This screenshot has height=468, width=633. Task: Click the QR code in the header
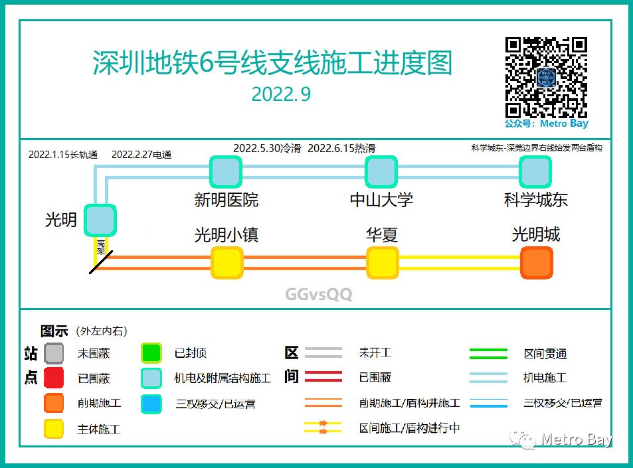pyautogui.click(x=546, y=78)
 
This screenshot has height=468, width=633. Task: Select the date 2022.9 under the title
pyautogui.click(x=281, y=95)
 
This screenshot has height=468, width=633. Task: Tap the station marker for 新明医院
pyautogui.click(x=226, y=172)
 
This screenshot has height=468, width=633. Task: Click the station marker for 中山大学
pyautogui.click(x=381, y=172)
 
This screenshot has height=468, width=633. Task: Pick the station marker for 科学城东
pyautogui.click(x=535, y=172)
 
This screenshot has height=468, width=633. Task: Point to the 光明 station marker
pyautogui.click(x=100, y=220)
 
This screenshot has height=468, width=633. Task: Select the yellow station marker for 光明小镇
pyautogui.click(x=226, y=263)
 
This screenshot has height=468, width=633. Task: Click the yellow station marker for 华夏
pyautogui.click(x=383, y=263)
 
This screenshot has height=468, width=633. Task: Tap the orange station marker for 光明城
pyautogui.click(x=537, y=263)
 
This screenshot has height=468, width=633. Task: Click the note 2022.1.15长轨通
pyautogui.click(x=63, y=155)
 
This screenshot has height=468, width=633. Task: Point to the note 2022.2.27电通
pyautogui.click(x=141, y=155)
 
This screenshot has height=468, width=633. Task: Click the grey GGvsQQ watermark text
pyautogui.click(x=319, y=294)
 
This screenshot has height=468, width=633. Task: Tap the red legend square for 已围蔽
pyautogui.click(x=54, y=378)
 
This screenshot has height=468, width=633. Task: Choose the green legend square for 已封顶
pyautogui.click(x=151, y=353)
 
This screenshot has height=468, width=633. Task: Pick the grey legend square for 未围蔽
pyautogui.click(x=54, y=353)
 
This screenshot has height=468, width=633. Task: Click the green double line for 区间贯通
pyautogui.click(x=488, y=354)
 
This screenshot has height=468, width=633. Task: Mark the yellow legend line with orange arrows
pyautogui.click(x=323, y=427)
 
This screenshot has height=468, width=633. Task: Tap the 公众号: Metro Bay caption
pyautogui.click(x=546, y=123)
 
